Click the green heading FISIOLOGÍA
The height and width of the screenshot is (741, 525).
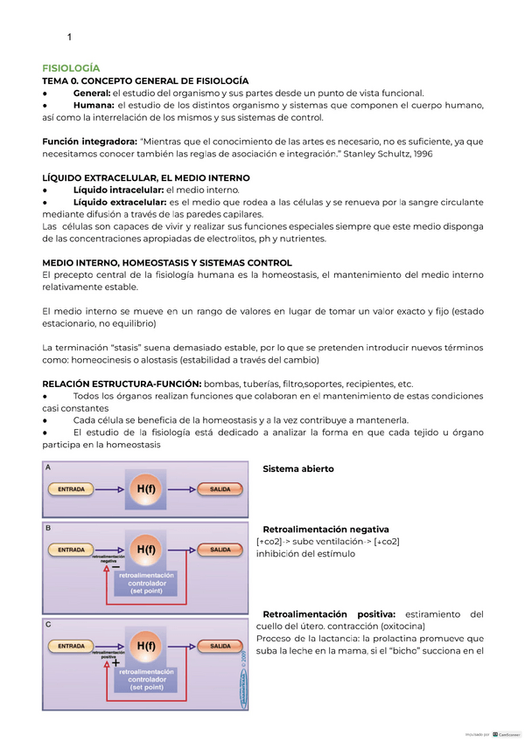point(71,67)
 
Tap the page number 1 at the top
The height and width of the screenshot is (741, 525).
point(69,37)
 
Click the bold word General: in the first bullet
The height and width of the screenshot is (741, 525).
point(92,93)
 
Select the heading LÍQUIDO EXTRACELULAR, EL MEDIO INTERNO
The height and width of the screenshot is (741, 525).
point(145,177)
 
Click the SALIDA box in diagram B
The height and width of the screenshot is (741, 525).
point(214,550)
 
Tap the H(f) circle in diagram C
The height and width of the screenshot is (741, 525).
point(146,646)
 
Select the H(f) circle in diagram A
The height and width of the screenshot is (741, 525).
point(146,489)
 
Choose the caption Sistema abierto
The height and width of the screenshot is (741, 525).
point(297,469)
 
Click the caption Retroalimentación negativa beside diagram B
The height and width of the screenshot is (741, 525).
point(325,530)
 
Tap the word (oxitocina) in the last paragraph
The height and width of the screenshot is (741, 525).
point(396,626)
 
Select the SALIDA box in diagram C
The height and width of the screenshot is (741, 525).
point(214,646)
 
